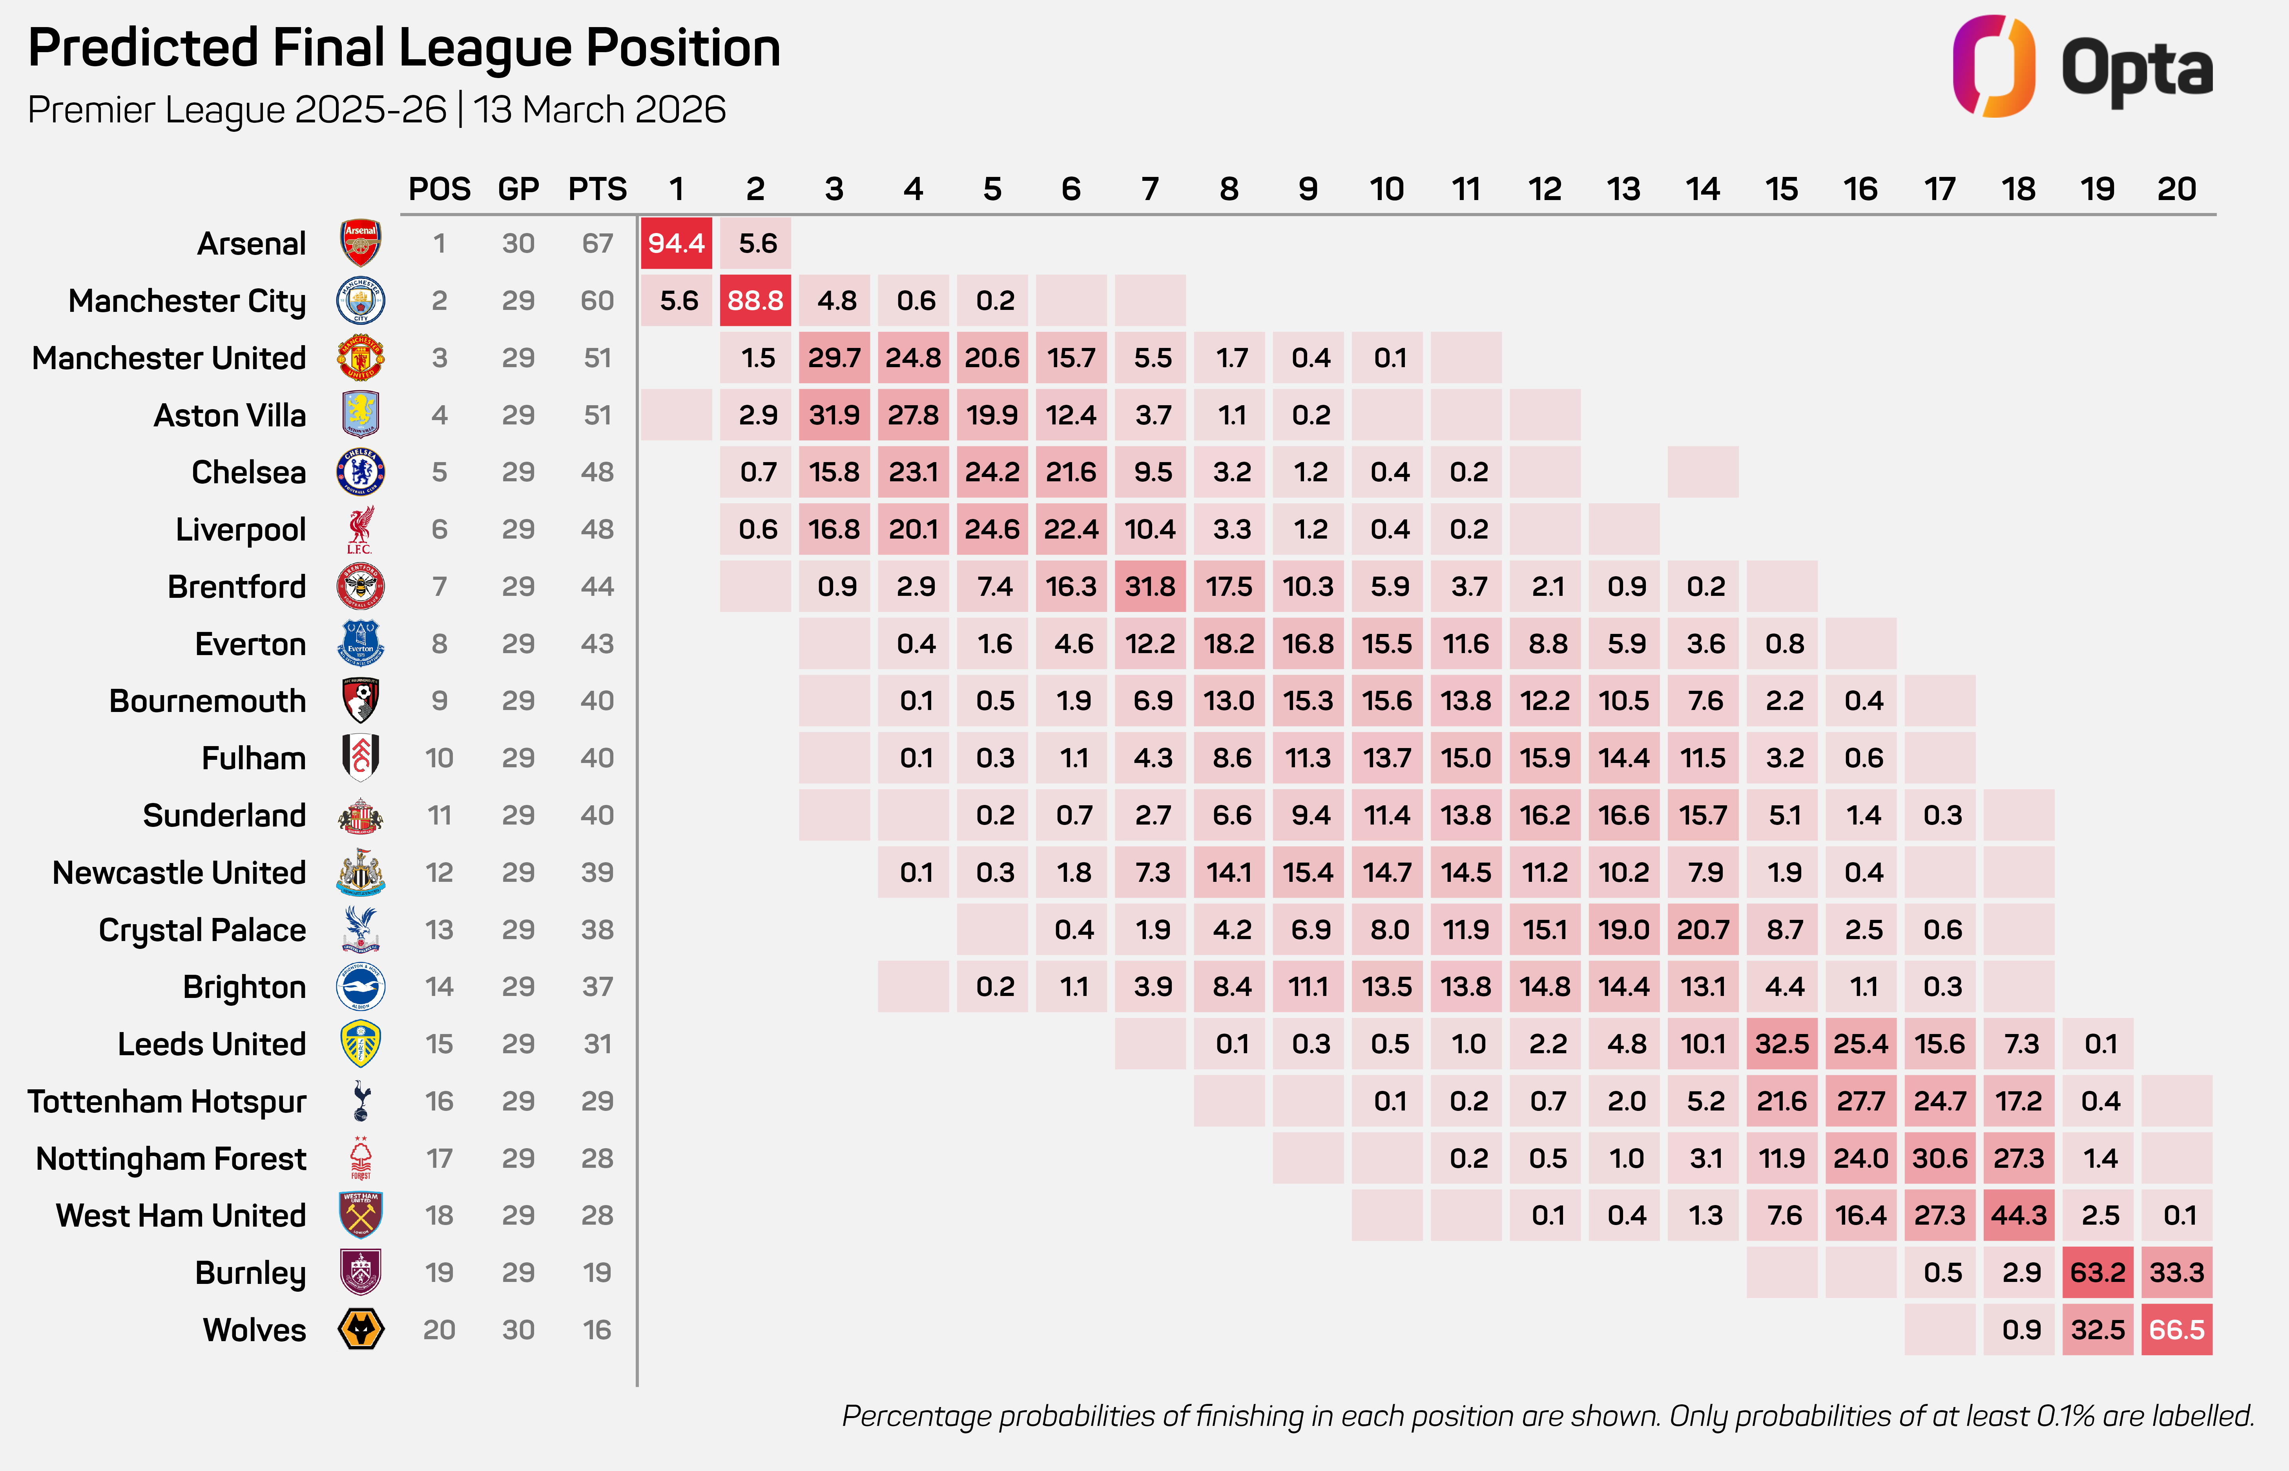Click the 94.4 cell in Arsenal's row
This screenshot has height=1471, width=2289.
click(x=677, y=244)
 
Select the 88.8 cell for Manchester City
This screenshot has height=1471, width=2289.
click(x=755, y=301)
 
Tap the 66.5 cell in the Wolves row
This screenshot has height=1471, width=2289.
click(x=2176, y=1330)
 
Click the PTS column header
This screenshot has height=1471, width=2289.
click(x=597, y=189)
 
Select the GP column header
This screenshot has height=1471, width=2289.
click(x=518, y=189)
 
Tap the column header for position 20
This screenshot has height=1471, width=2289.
click(x=2176, y=189)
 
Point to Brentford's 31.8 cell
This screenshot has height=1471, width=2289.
click(x=1150, y=586)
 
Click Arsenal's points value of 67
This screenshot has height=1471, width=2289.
click(x=597, y=244)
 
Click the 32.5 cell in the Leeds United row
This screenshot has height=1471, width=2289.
click(x=1782, y=1044)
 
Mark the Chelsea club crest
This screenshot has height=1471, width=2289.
click(x=360, y=472)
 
